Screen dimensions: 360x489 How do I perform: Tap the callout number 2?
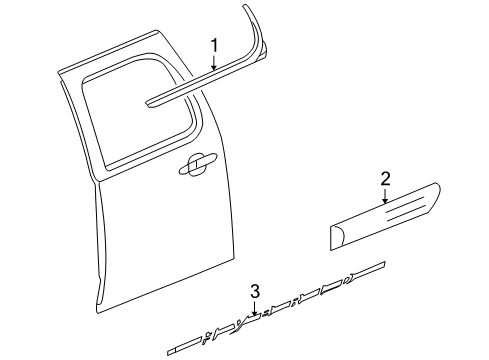(384, 179)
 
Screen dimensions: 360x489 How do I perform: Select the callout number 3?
(255, 291)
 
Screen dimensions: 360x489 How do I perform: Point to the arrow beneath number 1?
(214, 64)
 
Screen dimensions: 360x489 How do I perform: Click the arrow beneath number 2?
(384, 198)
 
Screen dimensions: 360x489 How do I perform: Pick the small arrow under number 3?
(255, 308)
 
